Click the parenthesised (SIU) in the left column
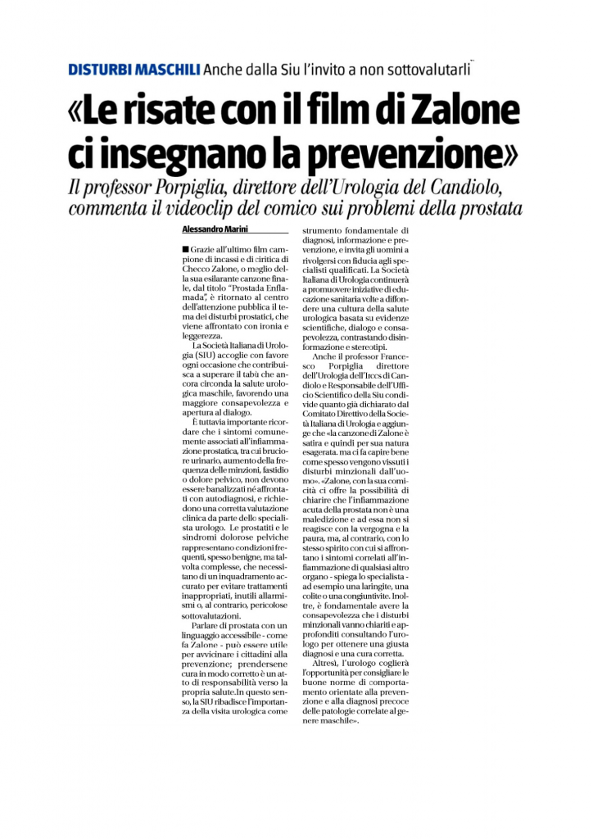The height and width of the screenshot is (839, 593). [197, 356]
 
